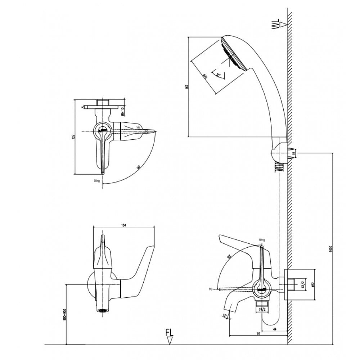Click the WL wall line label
point(276,25)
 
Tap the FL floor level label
point(170,332)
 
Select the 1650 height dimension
point(330,248)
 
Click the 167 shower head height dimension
point(186,87)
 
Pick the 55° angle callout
point(218,75)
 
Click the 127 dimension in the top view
point(73,137)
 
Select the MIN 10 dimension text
point(122,111)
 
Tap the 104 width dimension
point(124,225)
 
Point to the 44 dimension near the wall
point(275,329)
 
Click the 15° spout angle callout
point(225,316)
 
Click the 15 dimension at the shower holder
point(294,153)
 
